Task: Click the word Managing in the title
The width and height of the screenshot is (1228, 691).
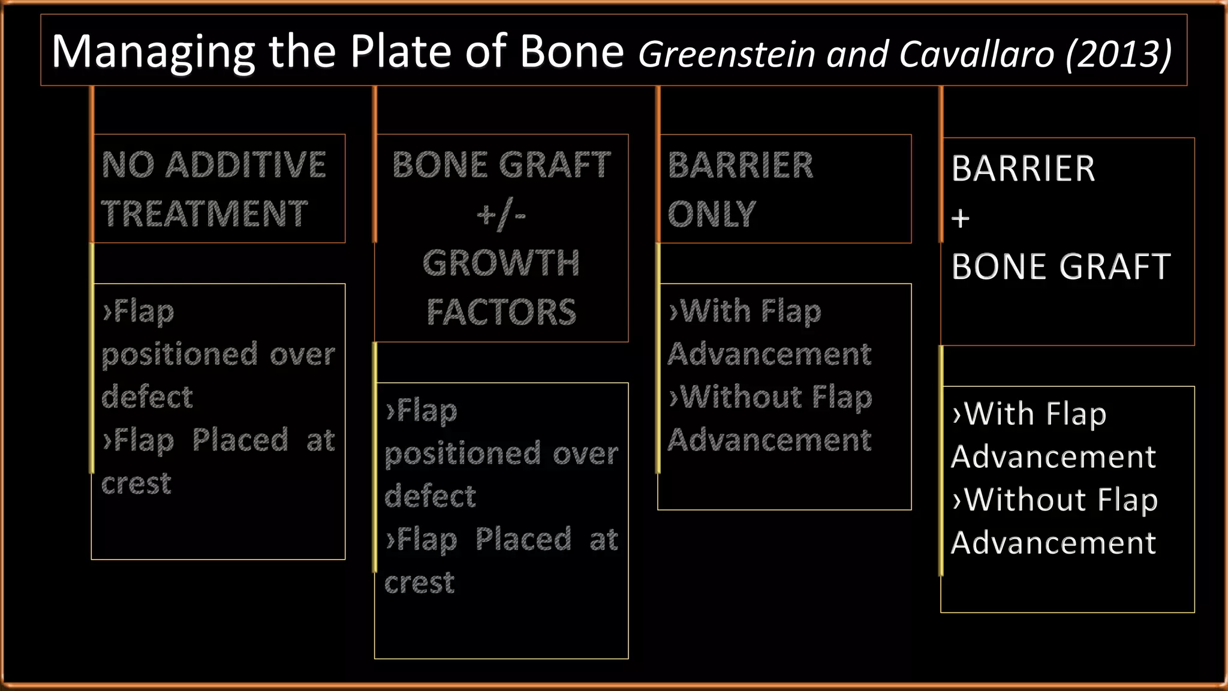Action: pyautogui.click(x=153, y=53)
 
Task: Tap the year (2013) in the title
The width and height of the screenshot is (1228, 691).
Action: pyautogui.click(x=1119, y=54)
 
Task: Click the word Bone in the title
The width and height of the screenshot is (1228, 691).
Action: pyautogui.click(x=572, y=52)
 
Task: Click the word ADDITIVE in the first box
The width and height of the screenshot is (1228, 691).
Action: pyautogui.click(x=246, y=165)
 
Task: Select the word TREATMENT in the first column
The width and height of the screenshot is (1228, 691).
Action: pyautogui.click(x=204, y=214)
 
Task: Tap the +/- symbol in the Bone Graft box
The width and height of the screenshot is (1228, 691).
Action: pyautogui.click(x=501, y=215)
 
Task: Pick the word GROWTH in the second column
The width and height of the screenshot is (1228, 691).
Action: pyautogui.click(x=501, y=263)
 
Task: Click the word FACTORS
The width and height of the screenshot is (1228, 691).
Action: pyautogui.click(x=501, y=313)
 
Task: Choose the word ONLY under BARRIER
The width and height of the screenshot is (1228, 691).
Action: pyautogui.click(x=712, y=214)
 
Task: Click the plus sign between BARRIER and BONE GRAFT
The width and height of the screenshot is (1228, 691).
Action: pyautogui.click(x=961, y=218)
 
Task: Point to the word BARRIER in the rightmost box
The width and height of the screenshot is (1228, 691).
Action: pyautogui.click(x=1024, y=169)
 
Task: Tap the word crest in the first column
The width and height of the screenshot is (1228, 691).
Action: pyautogui.click(x=136, y=483)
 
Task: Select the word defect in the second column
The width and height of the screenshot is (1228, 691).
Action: pyautogui.click(x=430, y=497)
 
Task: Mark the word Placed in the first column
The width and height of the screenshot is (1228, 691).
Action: pyautogui.click(x=240, y=440)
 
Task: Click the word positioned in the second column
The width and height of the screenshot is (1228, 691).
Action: pyautogui.click(x=462, y=454)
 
